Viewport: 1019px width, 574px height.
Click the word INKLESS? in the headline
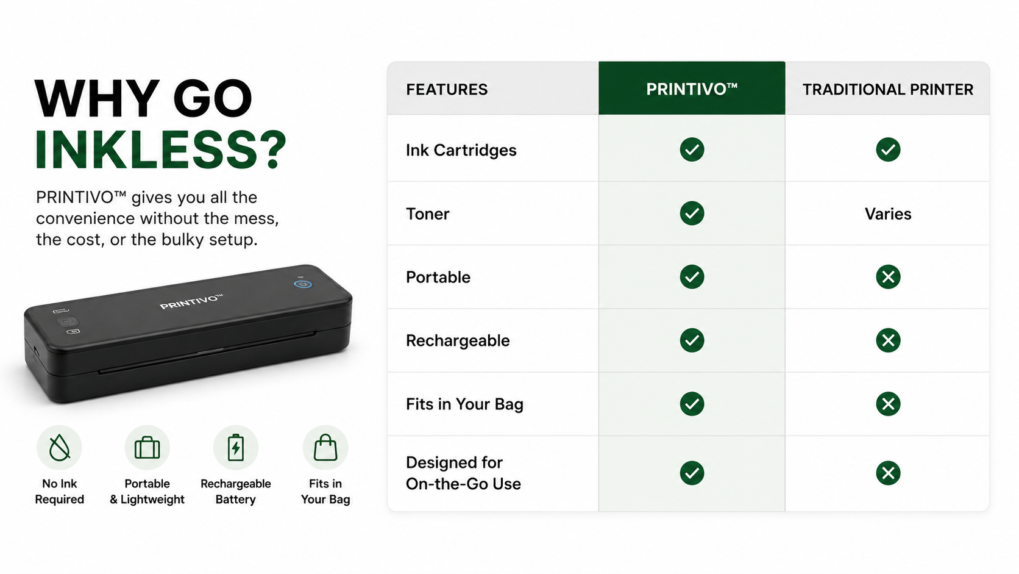pos(160,150)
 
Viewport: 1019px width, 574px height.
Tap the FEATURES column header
pos(447,89)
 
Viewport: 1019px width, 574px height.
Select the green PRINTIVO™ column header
pos(692,89)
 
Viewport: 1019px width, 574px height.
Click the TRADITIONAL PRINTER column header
pos(887,89)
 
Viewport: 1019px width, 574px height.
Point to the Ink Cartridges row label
pos(461,150)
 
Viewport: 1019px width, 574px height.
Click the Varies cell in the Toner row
pos(888,213)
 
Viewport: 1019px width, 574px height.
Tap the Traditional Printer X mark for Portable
pos(888,277)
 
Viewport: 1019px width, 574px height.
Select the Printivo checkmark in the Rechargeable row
pos(692,340)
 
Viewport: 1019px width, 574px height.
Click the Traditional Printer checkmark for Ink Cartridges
pos(888,149)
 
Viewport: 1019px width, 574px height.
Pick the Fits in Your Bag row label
pos(464,404)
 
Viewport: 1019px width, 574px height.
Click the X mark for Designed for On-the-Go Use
pos(888,473)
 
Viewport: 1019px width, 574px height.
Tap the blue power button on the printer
pos(303,284)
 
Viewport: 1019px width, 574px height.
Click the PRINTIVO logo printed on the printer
pos(191,301)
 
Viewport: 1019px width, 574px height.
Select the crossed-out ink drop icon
pos(60,448)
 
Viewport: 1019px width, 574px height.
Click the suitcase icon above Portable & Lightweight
pos(147,448)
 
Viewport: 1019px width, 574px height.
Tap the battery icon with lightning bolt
pos(236,448)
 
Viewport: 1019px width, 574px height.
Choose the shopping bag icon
pos(325,447)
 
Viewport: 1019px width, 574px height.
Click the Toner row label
pos(428,213)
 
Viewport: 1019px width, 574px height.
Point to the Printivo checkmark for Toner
pos(692,213)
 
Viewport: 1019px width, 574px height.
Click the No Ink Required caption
pos(60,491)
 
